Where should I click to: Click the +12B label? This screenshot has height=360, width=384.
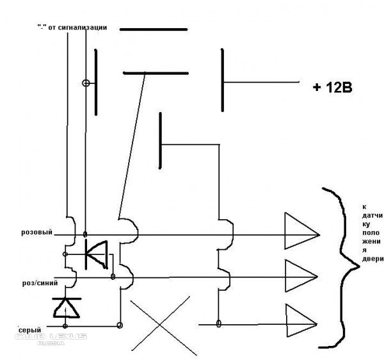tap(333, 88)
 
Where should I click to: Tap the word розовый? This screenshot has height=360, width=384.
tap(37, 232)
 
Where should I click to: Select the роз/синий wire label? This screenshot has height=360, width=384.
tap(40, 283)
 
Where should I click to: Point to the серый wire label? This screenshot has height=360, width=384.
tap(29, 330)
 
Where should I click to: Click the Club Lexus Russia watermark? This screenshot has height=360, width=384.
tap(51, 339)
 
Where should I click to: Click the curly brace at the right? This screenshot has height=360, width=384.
tap(341, 268)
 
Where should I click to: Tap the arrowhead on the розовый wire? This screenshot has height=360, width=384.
tap(302, 231)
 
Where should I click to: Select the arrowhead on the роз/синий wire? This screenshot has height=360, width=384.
tap(301, 276)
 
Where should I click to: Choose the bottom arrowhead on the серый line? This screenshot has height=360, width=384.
tap(302, 321)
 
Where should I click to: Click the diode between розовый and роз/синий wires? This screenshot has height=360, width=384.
tap(96, 255)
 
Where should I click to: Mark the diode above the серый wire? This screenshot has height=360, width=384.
tap(67, 307)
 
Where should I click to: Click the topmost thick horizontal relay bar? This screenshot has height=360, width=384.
tap(154, 29)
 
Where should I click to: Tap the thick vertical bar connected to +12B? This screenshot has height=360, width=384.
tap(222, 80)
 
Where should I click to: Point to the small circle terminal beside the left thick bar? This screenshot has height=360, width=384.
tap(86, 83)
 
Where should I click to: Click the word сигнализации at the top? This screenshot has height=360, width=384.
tap(83, 27)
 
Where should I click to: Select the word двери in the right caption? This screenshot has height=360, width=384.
tap(372, 259)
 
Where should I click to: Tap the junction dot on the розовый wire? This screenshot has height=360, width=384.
tap(85, 234)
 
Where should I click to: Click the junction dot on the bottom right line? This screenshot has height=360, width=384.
tap(219, 323)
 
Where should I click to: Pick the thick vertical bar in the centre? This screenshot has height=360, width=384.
tap(160, 141)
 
